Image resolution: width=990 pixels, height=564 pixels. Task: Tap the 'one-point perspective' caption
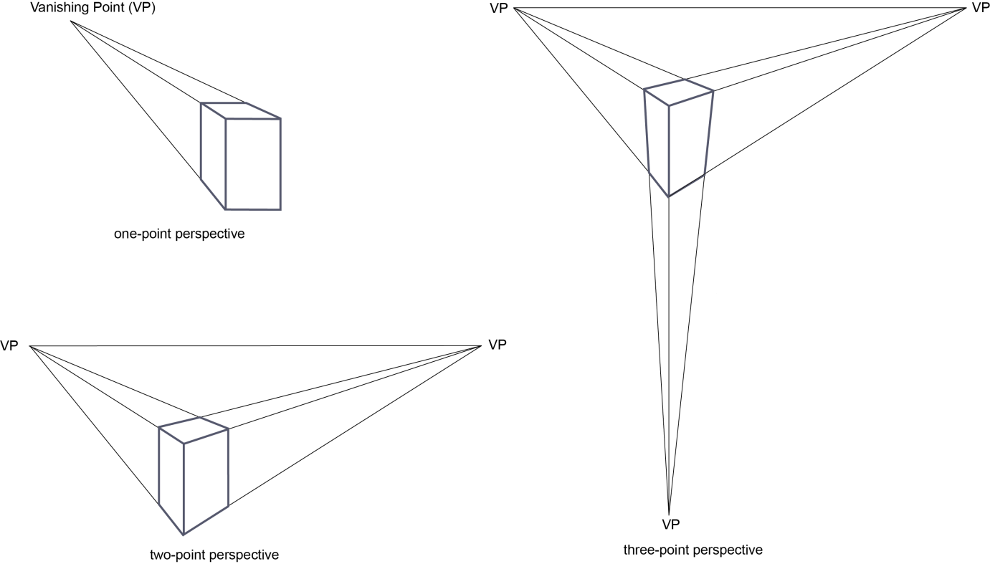tap(179, 234)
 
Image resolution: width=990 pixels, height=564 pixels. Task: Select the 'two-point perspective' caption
tap(214, 554)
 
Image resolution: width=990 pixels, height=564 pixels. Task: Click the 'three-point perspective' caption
tap(693, 550)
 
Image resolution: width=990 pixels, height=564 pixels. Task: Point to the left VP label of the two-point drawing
tap(9, 346)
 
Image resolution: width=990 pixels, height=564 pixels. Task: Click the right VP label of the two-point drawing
tap(498, 344)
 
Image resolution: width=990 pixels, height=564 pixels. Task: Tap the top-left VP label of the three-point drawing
tap(500, 8)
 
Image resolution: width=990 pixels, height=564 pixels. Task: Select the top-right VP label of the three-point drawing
tap(980, 7)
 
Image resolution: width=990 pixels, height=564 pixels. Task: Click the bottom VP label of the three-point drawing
tap(670, 524)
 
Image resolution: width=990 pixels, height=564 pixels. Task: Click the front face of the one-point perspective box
tap(252, 163)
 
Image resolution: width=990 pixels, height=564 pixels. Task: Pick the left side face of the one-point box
tap(213, 155)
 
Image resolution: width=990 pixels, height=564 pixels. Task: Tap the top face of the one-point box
tap(240, 110)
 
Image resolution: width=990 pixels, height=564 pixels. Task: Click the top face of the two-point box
tap(194, 430)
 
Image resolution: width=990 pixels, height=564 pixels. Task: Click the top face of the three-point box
tap(678, 92)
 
